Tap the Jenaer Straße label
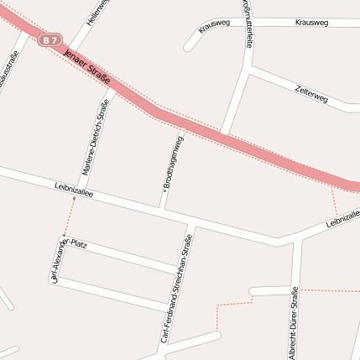(87, 68)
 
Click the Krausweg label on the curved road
(215, 26)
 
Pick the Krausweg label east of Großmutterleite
(312, 22)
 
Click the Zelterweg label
(311, 92)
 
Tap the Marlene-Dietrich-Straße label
(95, 137)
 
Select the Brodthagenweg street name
(172, 159)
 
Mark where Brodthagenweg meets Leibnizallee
(161, 207)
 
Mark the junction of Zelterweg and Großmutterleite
(249, 72)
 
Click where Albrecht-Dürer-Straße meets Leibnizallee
(300, 237)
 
